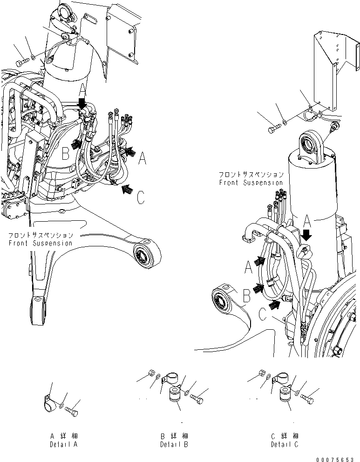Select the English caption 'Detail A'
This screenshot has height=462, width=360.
coord(64,444)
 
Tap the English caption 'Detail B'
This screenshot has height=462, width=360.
coord(173,444)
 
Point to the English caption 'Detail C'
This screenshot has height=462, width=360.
coord(284,444)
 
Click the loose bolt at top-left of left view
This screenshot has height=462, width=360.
coord(22,62)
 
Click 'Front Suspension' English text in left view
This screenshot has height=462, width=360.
coord(41,243)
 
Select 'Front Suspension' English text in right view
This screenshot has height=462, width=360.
coord(251,183)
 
